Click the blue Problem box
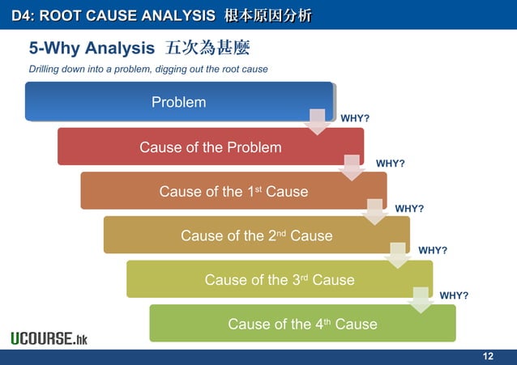tap(178, 102)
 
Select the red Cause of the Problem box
tap(210, 146)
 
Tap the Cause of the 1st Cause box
tap(233, 191)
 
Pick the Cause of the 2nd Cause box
tap(256, 236)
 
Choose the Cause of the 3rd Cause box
tap(280, 280)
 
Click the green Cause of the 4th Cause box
tap(302, 324)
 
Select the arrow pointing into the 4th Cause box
tap(421, 299)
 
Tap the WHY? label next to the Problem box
tap(355, 119)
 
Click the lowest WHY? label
tap(454, 295)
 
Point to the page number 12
tap(488, 357)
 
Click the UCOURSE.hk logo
tap(49, 338)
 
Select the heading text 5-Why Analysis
tap(91, 49)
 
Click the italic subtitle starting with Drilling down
tap(148, 69)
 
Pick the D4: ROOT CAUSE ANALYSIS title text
tap(113, 15)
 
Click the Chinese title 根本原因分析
tap(267, 15)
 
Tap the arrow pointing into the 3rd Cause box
tap(397, 255)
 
